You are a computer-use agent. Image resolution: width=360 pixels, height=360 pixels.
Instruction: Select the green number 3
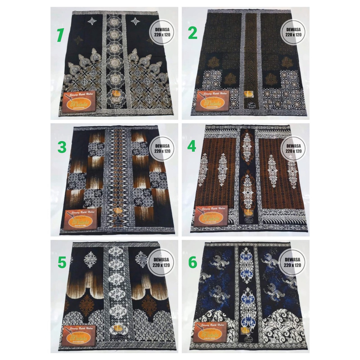click(x=62, y=147)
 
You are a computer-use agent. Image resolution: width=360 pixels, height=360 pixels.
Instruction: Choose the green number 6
click(x=192, y=262)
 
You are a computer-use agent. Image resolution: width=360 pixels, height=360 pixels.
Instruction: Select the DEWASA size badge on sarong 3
click(x=162, y=148)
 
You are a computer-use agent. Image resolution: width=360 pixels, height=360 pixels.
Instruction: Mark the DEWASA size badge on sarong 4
click(x=293, y=148)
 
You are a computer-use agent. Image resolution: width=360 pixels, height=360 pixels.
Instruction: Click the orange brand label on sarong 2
click(x=212, y=101)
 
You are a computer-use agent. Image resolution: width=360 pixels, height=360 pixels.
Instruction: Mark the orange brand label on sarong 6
click(x=210, y=333)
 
